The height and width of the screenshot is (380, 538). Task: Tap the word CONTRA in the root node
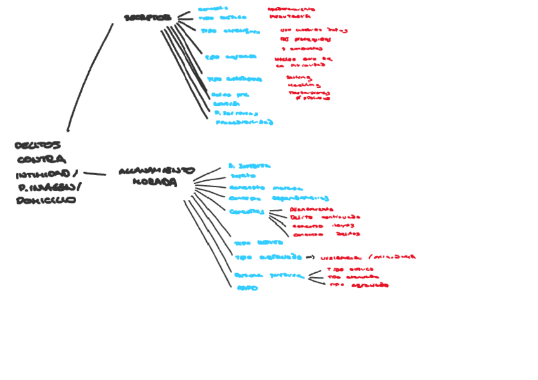coord(41,159)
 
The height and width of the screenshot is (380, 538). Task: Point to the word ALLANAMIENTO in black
coord(156,171)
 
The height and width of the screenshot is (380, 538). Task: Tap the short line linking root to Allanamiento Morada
coord(95,173)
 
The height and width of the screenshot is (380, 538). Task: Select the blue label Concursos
coord(246,211)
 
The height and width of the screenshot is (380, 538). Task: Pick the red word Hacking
coord(303,85)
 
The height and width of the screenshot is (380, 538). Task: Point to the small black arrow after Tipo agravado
coord(310,258)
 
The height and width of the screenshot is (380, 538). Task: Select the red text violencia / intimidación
coord(368,258)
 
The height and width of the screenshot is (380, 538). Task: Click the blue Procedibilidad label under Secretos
coord(244,122)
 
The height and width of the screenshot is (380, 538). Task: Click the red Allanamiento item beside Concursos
coord(311,209)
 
